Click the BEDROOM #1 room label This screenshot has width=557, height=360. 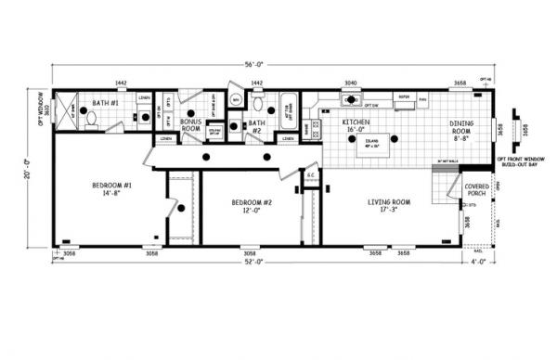coord(111,190)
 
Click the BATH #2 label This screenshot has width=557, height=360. coord(257,127)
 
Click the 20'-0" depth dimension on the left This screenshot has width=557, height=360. coord(30,168)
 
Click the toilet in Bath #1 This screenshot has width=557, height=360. coord(90,118)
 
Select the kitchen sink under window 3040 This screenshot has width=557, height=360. coord(354,97)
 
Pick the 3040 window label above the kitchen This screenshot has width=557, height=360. coord(352,83)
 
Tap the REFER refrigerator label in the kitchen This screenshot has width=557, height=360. coord(404,97)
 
